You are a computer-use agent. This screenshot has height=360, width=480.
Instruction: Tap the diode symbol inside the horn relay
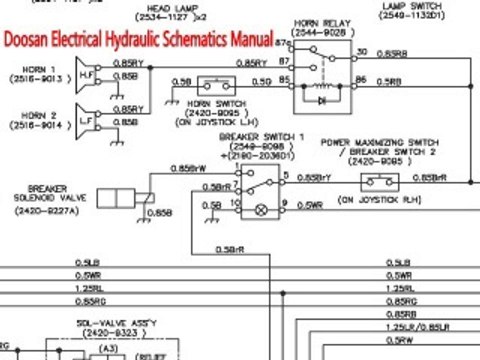(x=320, y=101)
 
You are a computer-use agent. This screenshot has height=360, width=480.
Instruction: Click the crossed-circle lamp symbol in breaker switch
(x=262, y=211)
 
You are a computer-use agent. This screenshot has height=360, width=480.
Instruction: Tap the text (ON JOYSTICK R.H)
(x=376, y=200)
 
